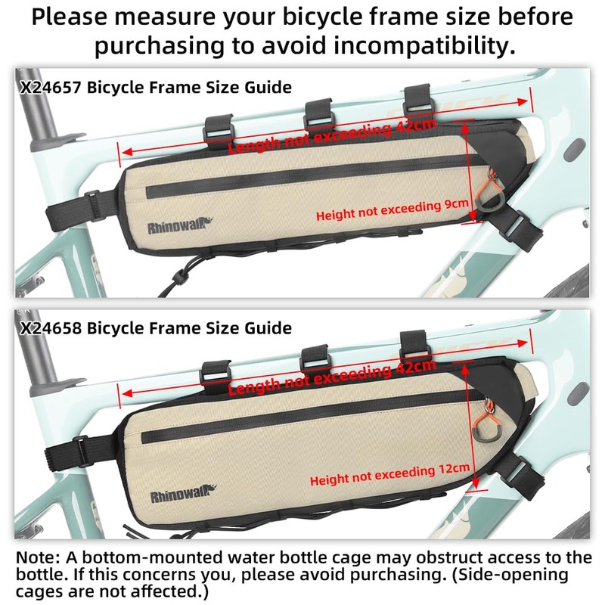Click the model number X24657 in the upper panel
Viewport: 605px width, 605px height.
(x=51, y=88)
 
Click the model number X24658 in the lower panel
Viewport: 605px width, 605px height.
(x=51, y=328)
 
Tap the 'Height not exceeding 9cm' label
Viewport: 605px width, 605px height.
(x=392, y=210)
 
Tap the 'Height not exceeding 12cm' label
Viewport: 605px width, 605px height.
(x=389, y=475)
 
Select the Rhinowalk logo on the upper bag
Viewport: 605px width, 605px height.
(x=180, y=225)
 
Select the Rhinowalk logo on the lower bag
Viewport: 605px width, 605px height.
(x=183, y=494)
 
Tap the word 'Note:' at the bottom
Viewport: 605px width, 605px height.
(x=39, y=558)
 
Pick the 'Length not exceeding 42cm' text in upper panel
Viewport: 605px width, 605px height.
(x=332, y=136)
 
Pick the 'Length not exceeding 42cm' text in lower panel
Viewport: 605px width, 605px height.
(x=332, y=377)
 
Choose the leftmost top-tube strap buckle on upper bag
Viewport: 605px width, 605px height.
(x=219, y=132)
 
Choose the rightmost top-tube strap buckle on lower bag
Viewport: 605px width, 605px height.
(x=414, y=345)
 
